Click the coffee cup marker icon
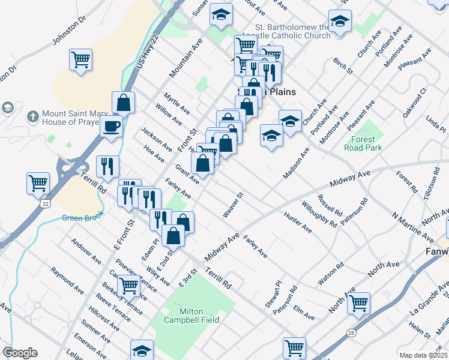[x=111, y=127]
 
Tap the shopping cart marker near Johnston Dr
[x=80, y=59]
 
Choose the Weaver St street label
[x=234, y=205]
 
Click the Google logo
[x=20, y=353]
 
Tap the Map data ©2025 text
[x=423, y=355]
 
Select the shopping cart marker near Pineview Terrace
[x=128, y=285]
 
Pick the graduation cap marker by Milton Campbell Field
[x=142, y=350]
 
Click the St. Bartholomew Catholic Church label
[x=293, y=31]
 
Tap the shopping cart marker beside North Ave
[x=358, y=302]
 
